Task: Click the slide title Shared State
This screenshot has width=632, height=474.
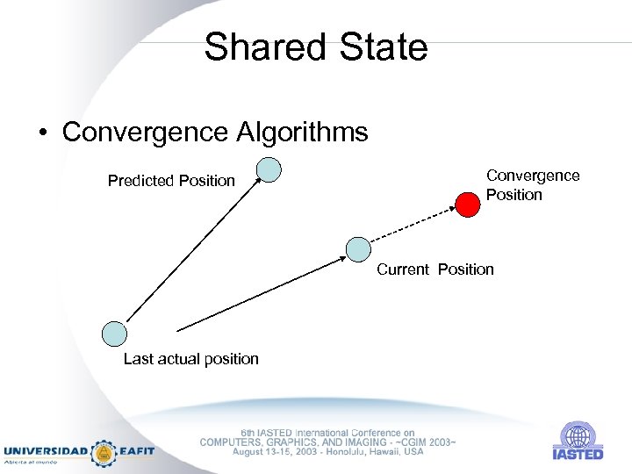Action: [315, 47]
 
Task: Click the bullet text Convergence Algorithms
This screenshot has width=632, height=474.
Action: [215, 133]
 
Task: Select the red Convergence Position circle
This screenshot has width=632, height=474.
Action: [469, 204]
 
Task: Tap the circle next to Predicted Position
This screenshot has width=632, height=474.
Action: [269, 169]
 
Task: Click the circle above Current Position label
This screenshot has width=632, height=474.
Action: [357, 249]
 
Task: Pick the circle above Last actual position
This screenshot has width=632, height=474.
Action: [114, 334]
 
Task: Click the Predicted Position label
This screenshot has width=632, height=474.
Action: [171, 181]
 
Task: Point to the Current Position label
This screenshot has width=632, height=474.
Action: [435, 269]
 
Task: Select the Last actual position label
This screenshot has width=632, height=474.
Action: [190, 358]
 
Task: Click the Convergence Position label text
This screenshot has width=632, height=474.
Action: [533, 185]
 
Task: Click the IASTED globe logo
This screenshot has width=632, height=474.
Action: [577, 435]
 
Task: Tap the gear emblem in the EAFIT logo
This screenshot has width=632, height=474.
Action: [104, 452]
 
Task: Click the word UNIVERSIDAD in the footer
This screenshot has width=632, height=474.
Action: [46, 451]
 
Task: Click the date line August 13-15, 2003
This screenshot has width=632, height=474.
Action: [327, 452]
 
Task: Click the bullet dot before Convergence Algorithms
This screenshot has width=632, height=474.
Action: [42, 133]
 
